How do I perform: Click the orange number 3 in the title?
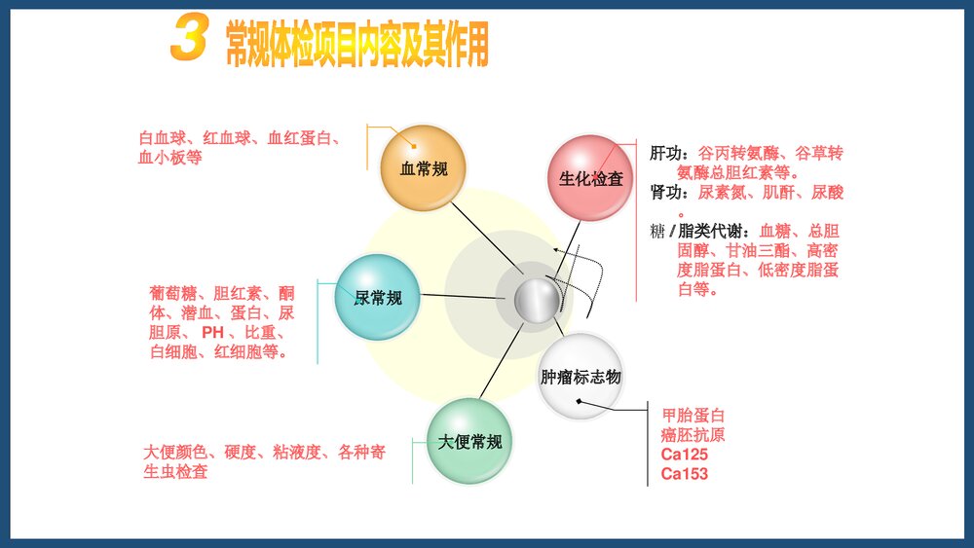point(189,41)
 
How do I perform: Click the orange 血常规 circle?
point(424,168)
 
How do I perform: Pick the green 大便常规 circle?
point(469,441)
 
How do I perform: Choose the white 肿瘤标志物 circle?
point(581,376)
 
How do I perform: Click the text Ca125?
point(684,455)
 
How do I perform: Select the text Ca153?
point(684,474)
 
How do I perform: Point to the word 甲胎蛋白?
point(693,416)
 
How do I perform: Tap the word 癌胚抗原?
point(693,435)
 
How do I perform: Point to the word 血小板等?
point(170,158)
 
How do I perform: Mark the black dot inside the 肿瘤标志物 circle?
point(578,401)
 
